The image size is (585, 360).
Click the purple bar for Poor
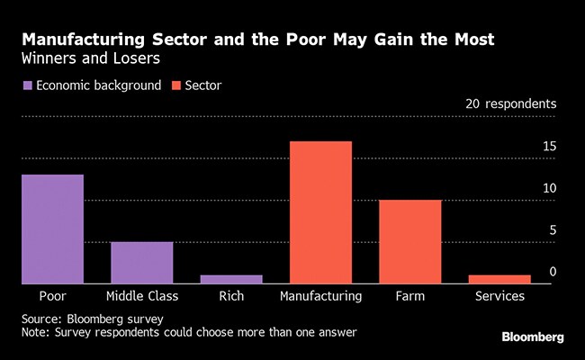(x=52, y=229)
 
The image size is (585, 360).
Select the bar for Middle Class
(x=141, y=262)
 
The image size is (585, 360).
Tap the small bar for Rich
(x=231, y=279)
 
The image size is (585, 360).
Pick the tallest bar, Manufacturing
(x=320, y=212)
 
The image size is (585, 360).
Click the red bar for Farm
(x=409, y=241)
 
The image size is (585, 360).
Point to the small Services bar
(x=499, y=279)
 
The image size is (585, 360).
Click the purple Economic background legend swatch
(x=27, y=85)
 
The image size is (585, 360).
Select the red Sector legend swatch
(x=176, y=85)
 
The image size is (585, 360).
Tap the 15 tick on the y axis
(x=549, y=147)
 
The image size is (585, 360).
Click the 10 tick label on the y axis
(x=549, y=188)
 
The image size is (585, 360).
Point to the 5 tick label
(x=553, y=229)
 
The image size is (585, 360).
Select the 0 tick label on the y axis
(x=553, y=271)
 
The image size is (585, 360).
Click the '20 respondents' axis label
(x=511, y=103)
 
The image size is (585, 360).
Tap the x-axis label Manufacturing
(x=320, y=295)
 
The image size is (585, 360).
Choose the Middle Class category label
(x=141, y=295)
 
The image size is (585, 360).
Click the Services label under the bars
(x=499, y=295)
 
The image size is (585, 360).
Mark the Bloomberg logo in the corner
(x=533, y=337)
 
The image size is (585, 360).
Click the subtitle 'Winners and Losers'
(x=80, y=58)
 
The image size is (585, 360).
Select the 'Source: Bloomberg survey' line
(x=92, y=319)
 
